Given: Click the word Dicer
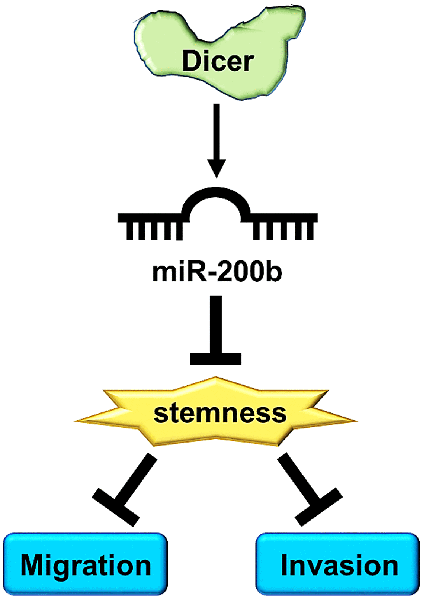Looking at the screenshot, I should pyautogui.click(x=218, y=61).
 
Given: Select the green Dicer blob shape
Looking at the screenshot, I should pyautogui.click(x=160, y=41).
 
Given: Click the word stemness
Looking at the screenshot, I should pyautogui.click(x=220, y=413).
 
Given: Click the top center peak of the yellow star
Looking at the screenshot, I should pyautogui.click(x=216, y=380).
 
